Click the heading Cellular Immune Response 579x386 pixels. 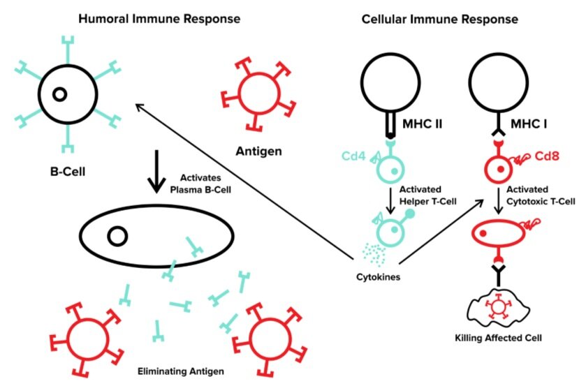439,20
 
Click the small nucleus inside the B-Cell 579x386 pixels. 60,94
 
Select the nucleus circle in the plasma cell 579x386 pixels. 117,237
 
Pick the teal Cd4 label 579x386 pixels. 355,156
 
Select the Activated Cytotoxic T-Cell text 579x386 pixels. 541,196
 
